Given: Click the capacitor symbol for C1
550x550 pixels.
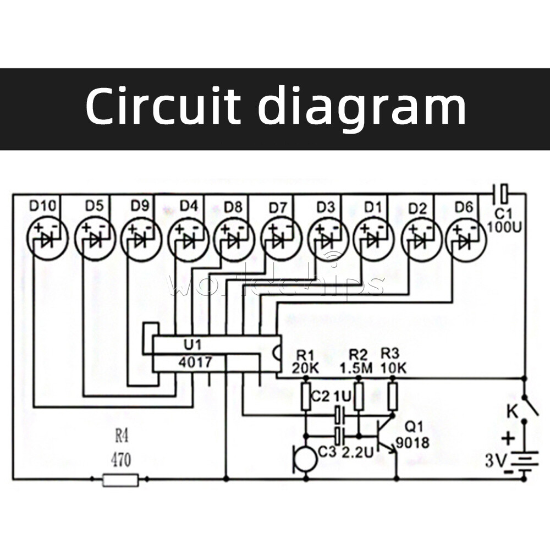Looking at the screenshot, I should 502,193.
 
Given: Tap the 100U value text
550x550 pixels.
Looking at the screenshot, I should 504,226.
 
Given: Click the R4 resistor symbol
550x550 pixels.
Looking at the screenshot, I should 120,480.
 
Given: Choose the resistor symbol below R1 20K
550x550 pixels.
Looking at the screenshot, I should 306,397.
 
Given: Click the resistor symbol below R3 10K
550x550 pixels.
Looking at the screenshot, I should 392,397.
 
